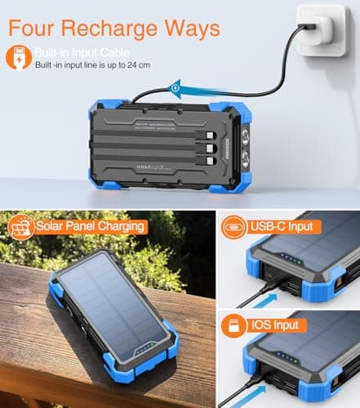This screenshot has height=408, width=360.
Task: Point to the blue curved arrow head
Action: pyautogui.click(x=173, y=85)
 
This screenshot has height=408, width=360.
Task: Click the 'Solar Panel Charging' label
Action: pyautogui.click(x=91, y=225)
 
